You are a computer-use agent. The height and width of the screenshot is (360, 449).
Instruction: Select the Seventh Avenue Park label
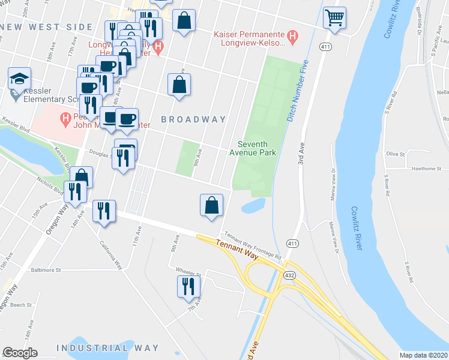point(256,148)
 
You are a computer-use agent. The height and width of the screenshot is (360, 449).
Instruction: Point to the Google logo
point(20,353)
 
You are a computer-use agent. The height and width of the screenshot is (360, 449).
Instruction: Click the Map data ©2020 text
point(423,355)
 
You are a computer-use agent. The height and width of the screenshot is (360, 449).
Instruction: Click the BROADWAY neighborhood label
point(193,119)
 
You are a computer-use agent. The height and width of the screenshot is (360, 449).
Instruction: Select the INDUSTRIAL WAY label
point(107,348)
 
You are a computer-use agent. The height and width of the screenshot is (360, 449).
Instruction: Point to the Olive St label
point(396,154)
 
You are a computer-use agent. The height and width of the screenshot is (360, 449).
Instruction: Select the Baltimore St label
point(46,271)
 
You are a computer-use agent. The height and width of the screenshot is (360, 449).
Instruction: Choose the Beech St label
point(20,305)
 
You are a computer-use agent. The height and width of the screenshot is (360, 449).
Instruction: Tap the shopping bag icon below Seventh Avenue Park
point(211,205)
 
